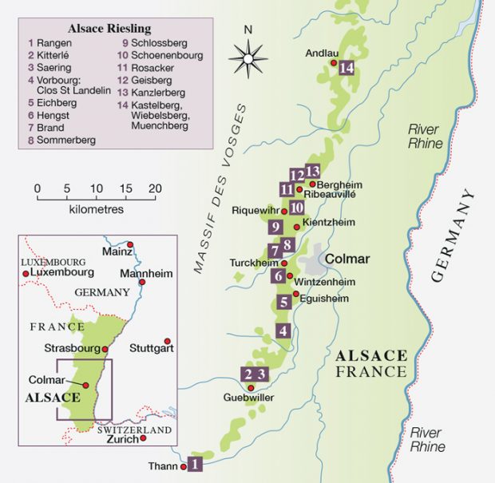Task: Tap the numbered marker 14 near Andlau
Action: (x=346, y=69)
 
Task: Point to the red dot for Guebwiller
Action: (x=251, y=388)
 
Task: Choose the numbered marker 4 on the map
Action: (x=283, y=331)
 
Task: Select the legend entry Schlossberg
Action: (x=153, y=44)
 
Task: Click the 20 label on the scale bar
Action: (x=155, y=188)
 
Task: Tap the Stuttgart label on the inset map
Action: (x=151, y=349)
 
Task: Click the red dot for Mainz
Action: (x=130, y=244)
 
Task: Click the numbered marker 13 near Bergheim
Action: (x=312, y=171)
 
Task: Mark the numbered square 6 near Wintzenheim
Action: (x=278, y=276)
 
